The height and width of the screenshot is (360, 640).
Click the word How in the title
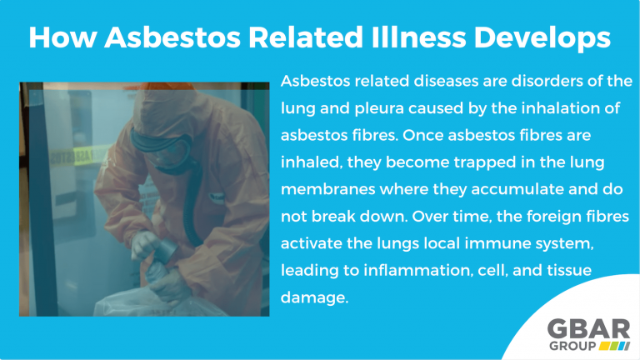click(60, 37)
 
